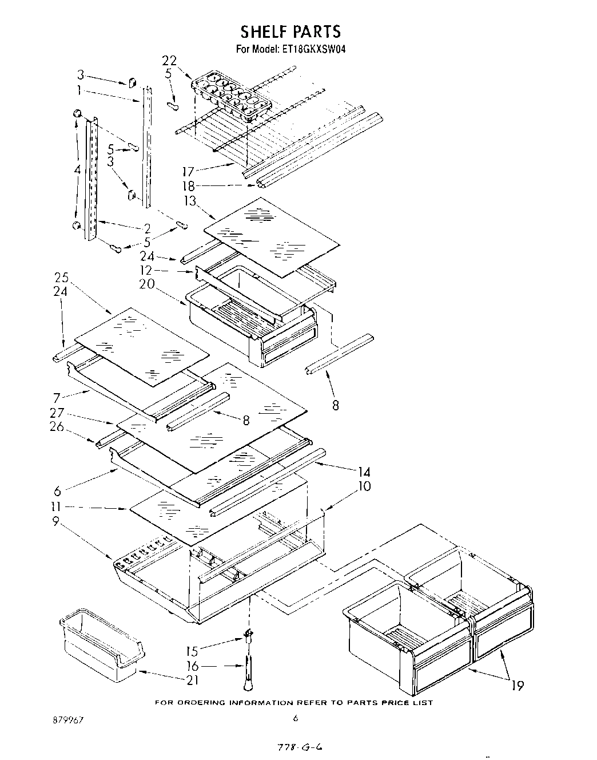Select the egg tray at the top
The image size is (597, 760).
pyautogui.click(x=233, y=94)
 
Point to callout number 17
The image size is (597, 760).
pyautogui.click(x=188, y=171)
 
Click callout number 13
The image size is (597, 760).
pyautogui.click(x=190, y=201)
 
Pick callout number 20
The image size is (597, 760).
pyautogui.click(x=147, y=284)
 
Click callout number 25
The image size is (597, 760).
pyautogui.click(x=62, y=278)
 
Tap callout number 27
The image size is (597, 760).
pyautogui.click(x=57, y=413)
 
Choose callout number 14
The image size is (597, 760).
pyautogui.click(x=364, y=472)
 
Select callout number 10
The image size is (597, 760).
pyautogui.click(x=364, y=486)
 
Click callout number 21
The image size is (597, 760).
pyautogui.click(x=193, y=680)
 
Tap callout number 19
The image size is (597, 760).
pyautogui.click(x=518, y=685)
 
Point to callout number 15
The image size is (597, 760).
pyautogui.click(x=193, y=651)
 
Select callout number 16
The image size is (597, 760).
pyautogui.click(x=193, y=666)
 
